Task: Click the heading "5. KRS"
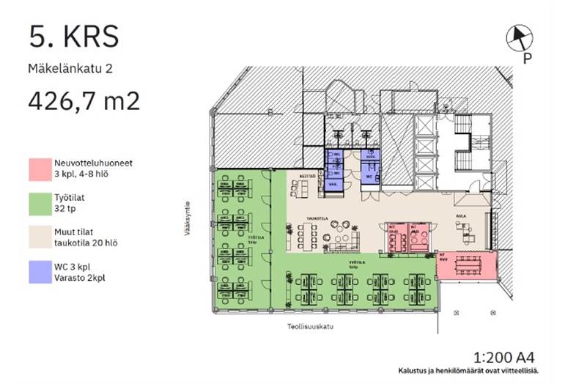pyautogui.click(x=73, y=36)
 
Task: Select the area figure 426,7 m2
pyautogui.click(x=84, y=100)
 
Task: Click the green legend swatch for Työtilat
pyautogui.click(x=39, y=202)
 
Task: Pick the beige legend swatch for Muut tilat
pyautogui.click(x=39, y=235)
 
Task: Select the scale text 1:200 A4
pyautogui.click(x=506, y=358)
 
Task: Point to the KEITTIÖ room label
pyautogui.click(x=307, y=176)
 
